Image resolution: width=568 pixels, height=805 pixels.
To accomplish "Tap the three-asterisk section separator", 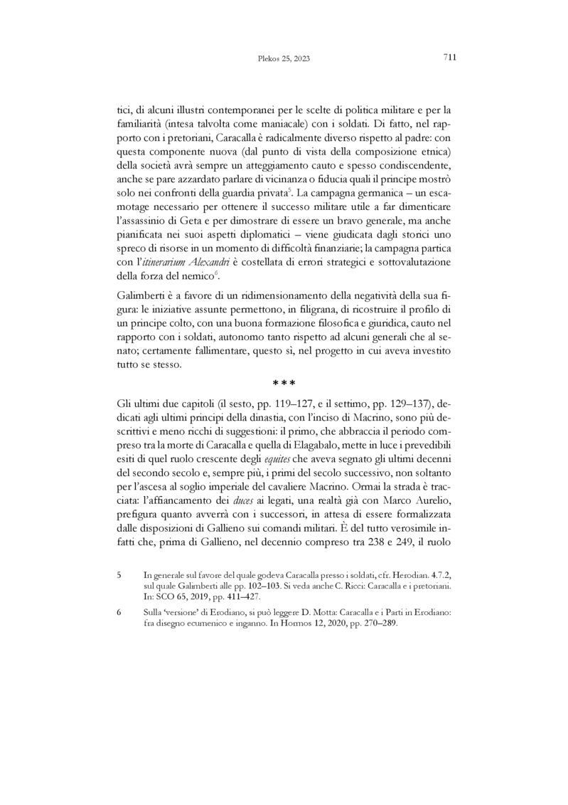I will pos(284,386).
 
